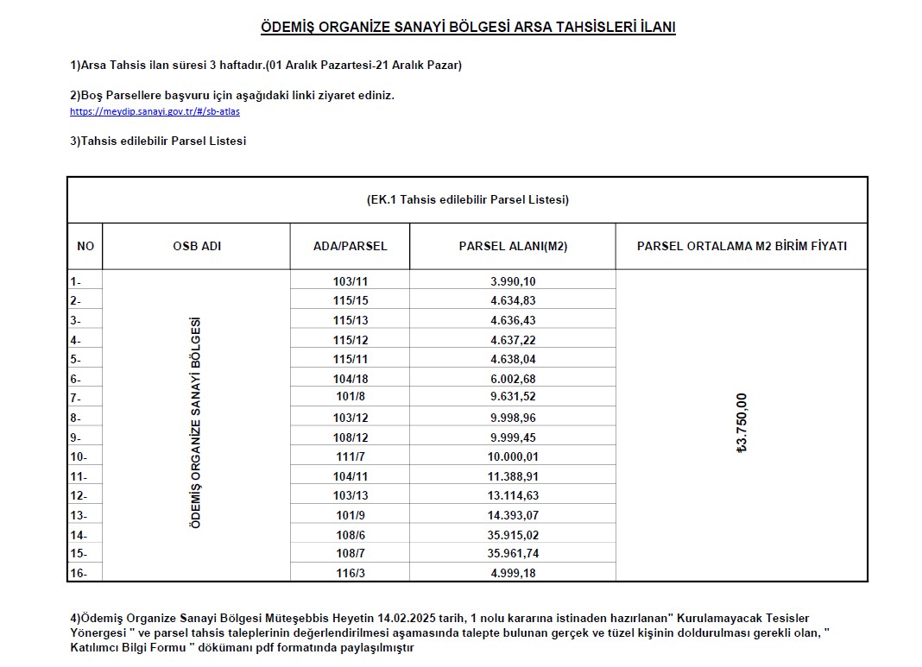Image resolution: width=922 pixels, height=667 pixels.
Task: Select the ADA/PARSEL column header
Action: click(350, 246)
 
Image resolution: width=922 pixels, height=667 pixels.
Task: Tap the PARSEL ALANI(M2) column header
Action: click(513, 246)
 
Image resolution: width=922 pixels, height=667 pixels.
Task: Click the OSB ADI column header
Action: click(197, 246)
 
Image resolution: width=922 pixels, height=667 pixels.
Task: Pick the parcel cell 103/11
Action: click(350, 281)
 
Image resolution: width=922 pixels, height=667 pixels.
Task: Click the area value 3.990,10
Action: click(513, 281)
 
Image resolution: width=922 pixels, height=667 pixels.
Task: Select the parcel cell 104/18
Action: click(350, 379)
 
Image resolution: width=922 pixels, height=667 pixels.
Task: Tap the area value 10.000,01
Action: click(513, 456)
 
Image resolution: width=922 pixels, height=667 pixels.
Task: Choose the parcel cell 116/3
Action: click(350, 573)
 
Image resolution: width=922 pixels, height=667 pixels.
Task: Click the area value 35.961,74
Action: click(513, 553)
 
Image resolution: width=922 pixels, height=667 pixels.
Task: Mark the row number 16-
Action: click(79, 573)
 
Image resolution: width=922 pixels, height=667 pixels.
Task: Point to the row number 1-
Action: click(76, 281)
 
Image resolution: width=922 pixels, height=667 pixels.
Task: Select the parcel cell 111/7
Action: click(350, 456)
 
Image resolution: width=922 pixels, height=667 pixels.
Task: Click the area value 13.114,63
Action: click(513, 495)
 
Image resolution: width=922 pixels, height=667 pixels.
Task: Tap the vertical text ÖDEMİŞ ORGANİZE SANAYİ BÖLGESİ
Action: click(196, 423)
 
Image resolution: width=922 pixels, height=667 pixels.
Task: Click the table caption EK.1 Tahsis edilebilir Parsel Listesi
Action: click(467, 200)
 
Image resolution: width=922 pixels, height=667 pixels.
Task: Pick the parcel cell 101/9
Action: click(350, 515)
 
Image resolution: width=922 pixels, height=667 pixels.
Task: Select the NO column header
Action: click(85, 246)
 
